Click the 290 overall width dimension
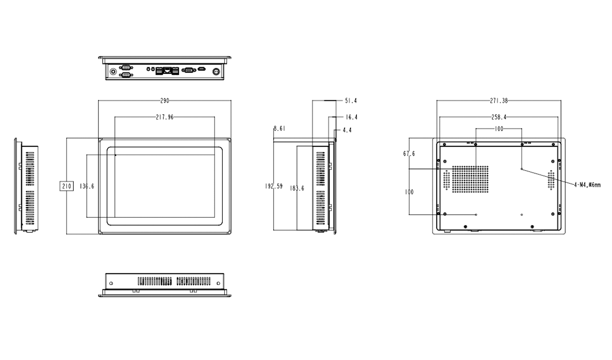[x=164, y=101]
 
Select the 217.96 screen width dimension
[x=164, y=117]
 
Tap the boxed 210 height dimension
[x=66, y=186]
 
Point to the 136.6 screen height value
[x=86, y=186]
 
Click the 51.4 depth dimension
[x=351, y=101]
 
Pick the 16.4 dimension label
[x=351, y=117]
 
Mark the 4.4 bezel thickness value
[x=347, y=130]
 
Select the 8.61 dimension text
[x=279, y=129]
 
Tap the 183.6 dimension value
[x=297, y=188]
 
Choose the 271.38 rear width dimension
[x=499, y=101]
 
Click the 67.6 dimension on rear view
[x=409, y=153]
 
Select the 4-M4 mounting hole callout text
[x=587, y=185]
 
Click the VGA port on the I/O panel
[x=189, y=70]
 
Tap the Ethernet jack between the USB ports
[x=167, y=70]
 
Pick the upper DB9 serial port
[x=126, y=67]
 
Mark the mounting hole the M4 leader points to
[x=522, y=169]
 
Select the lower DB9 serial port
[x=126, y=74]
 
